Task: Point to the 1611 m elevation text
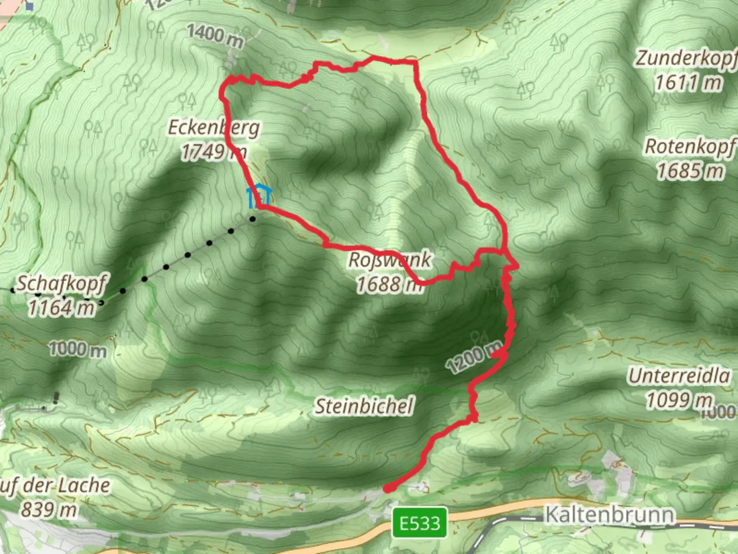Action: point(688,82)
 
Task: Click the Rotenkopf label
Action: point(690,147)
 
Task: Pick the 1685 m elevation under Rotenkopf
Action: point(690,171)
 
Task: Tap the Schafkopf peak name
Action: point(61,284)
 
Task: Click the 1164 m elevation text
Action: point(61,308)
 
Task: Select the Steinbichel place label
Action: point(364,406)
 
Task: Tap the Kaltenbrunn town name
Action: point(609,514)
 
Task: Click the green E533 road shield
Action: point(420,523)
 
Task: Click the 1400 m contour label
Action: point(215,36)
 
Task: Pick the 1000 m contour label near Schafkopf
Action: point(78,350)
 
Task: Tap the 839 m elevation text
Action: point(49,509)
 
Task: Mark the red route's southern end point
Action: point(388,488)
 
